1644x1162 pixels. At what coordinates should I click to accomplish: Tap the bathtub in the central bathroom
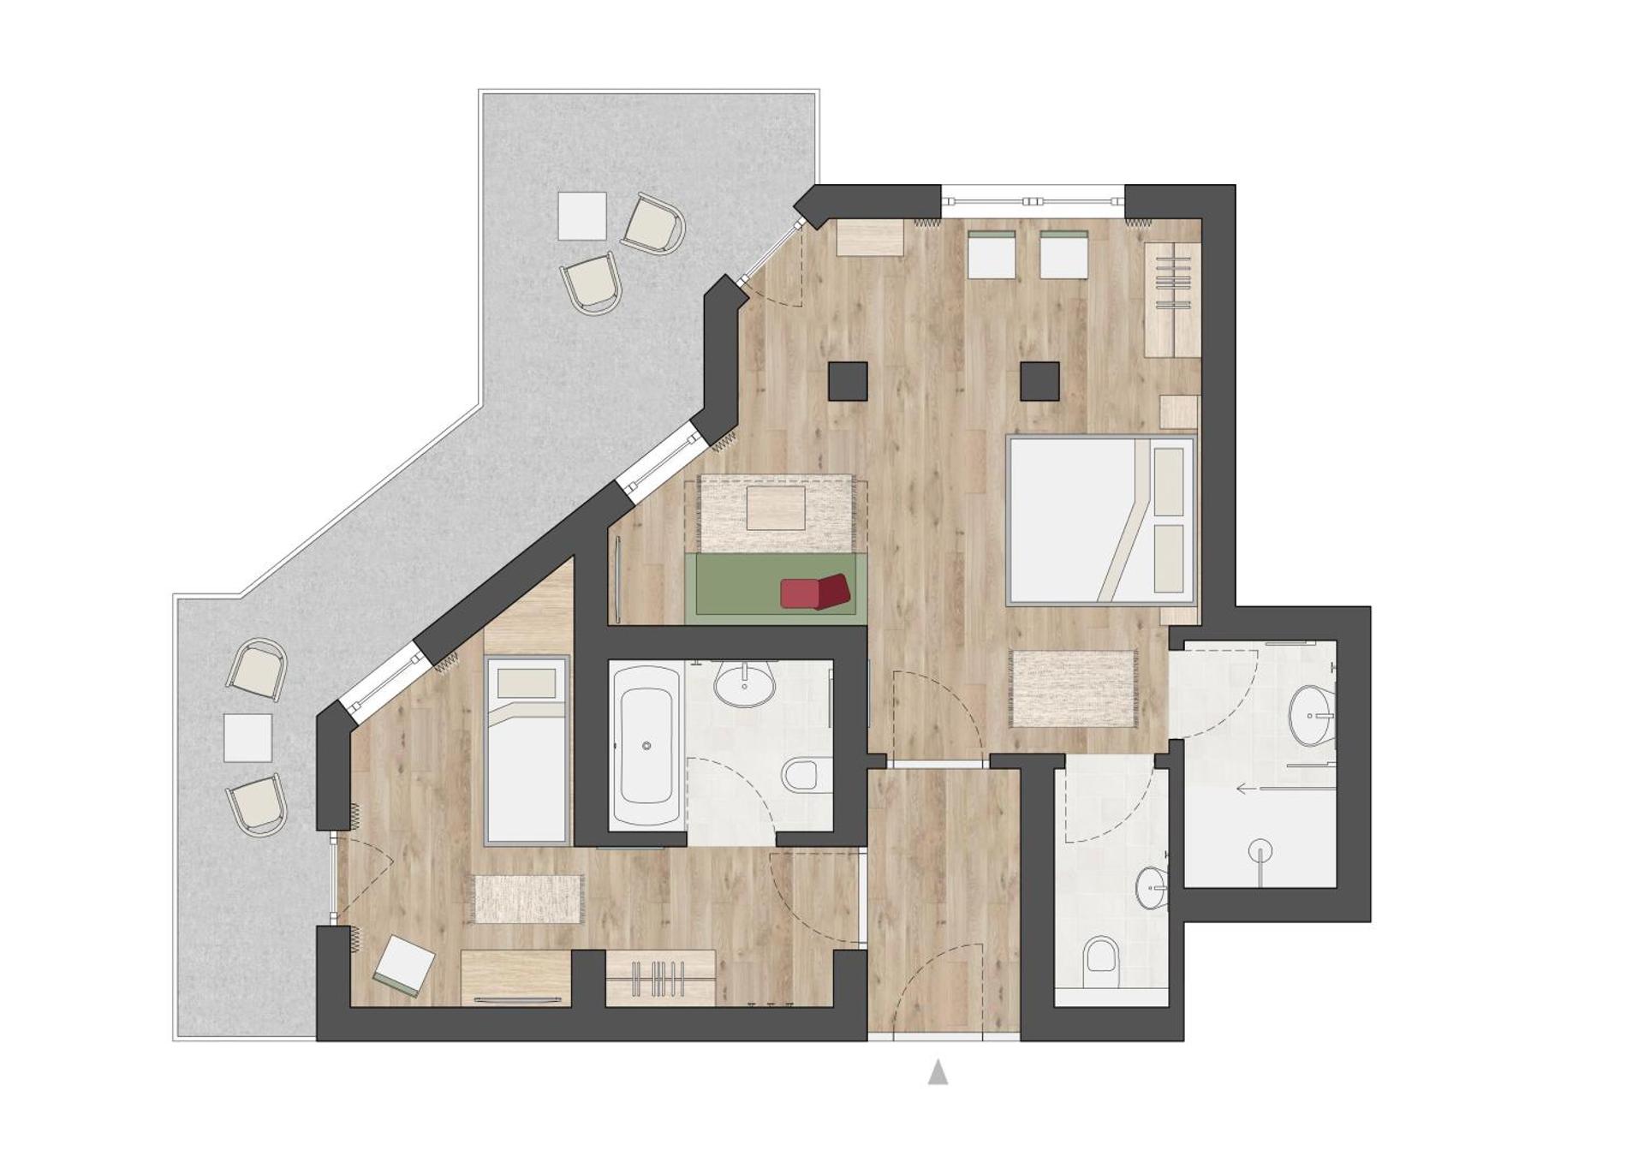(x=646, y=746)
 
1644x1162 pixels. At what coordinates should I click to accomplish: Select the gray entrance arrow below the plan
(x=938, y=1072)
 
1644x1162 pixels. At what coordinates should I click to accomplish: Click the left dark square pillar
(x=848, y=381)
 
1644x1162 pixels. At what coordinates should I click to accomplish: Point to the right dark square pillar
(x=1039, y=381)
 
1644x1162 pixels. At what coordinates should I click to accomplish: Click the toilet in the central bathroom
(x=806, y=776)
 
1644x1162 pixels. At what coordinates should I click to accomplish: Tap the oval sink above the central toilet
(x=744, y=686)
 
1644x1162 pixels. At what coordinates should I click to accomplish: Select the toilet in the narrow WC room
(x=1101, y=957)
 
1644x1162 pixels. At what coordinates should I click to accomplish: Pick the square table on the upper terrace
(x=582, y=216)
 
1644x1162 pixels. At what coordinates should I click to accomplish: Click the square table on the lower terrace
(x=247, y=738)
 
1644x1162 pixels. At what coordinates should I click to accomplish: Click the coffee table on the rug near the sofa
(x=776, y=509)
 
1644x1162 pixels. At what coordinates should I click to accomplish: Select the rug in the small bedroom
(x=528, y=899)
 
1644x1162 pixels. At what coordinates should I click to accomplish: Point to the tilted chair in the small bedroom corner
(x=402, y=966)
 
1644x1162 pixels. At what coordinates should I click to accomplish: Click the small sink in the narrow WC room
(x=1152, y=888)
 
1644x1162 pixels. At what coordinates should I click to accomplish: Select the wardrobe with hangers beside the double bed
(x=1172, y=299)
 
